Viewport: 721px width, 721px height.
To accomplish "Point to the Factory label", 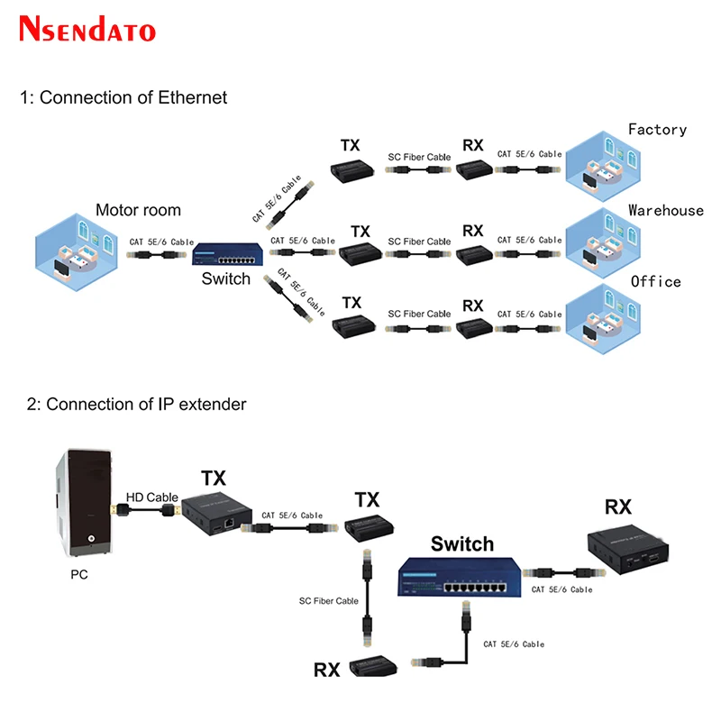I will coord(657,130).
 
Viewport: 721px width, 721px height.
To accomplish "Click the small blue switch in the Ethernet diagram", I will coord(230,253).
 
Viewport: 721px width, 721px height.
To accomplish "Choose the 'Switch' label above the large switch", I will coord(462,543).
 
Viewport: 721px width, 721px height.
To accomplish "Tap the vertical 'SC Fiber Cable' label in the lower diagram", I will coord(329,601).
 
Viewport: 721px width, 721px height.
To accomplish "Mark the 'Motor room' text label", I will coord(138,211).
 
